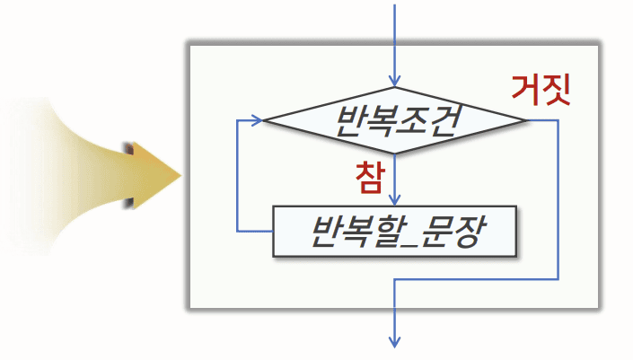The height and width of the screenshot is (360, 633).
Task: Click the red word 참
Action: click(369, 173)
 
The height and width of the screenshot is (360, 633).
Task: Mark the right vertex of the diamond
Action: click(529, 119)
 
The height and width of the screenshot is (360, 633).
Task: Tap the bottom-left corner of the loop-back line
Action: click(237, 232)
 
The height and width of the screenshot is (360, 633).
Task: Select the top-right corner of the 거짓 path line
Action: click(558, 119)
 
